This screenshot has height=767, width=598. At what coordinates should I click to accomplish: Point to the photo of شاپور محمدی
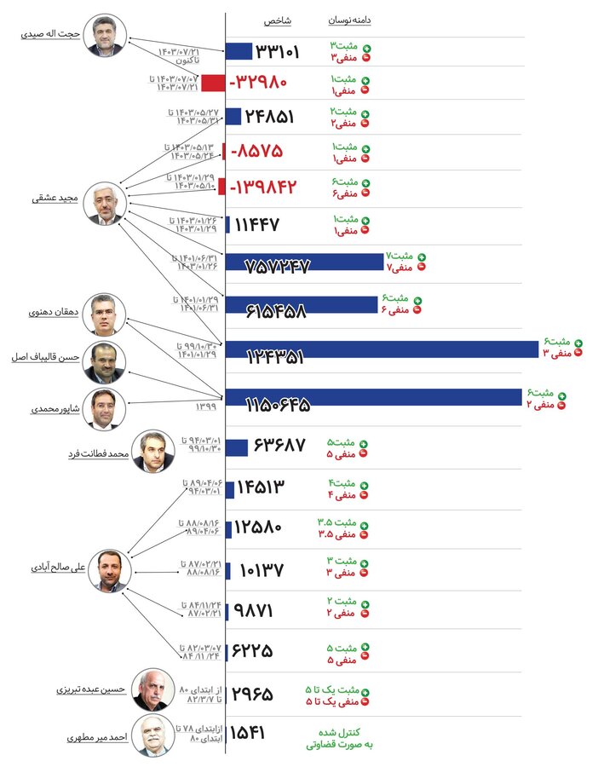point(105,408)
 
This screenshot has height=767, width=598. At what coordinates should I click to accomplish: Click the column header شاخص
point(273,20)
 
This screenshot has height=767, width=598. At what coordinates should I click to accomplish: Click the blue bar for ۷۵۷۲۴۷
point(305,262)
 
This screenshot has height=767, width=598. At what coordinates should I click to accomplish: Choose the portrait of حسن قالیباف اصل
point(105,362)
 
